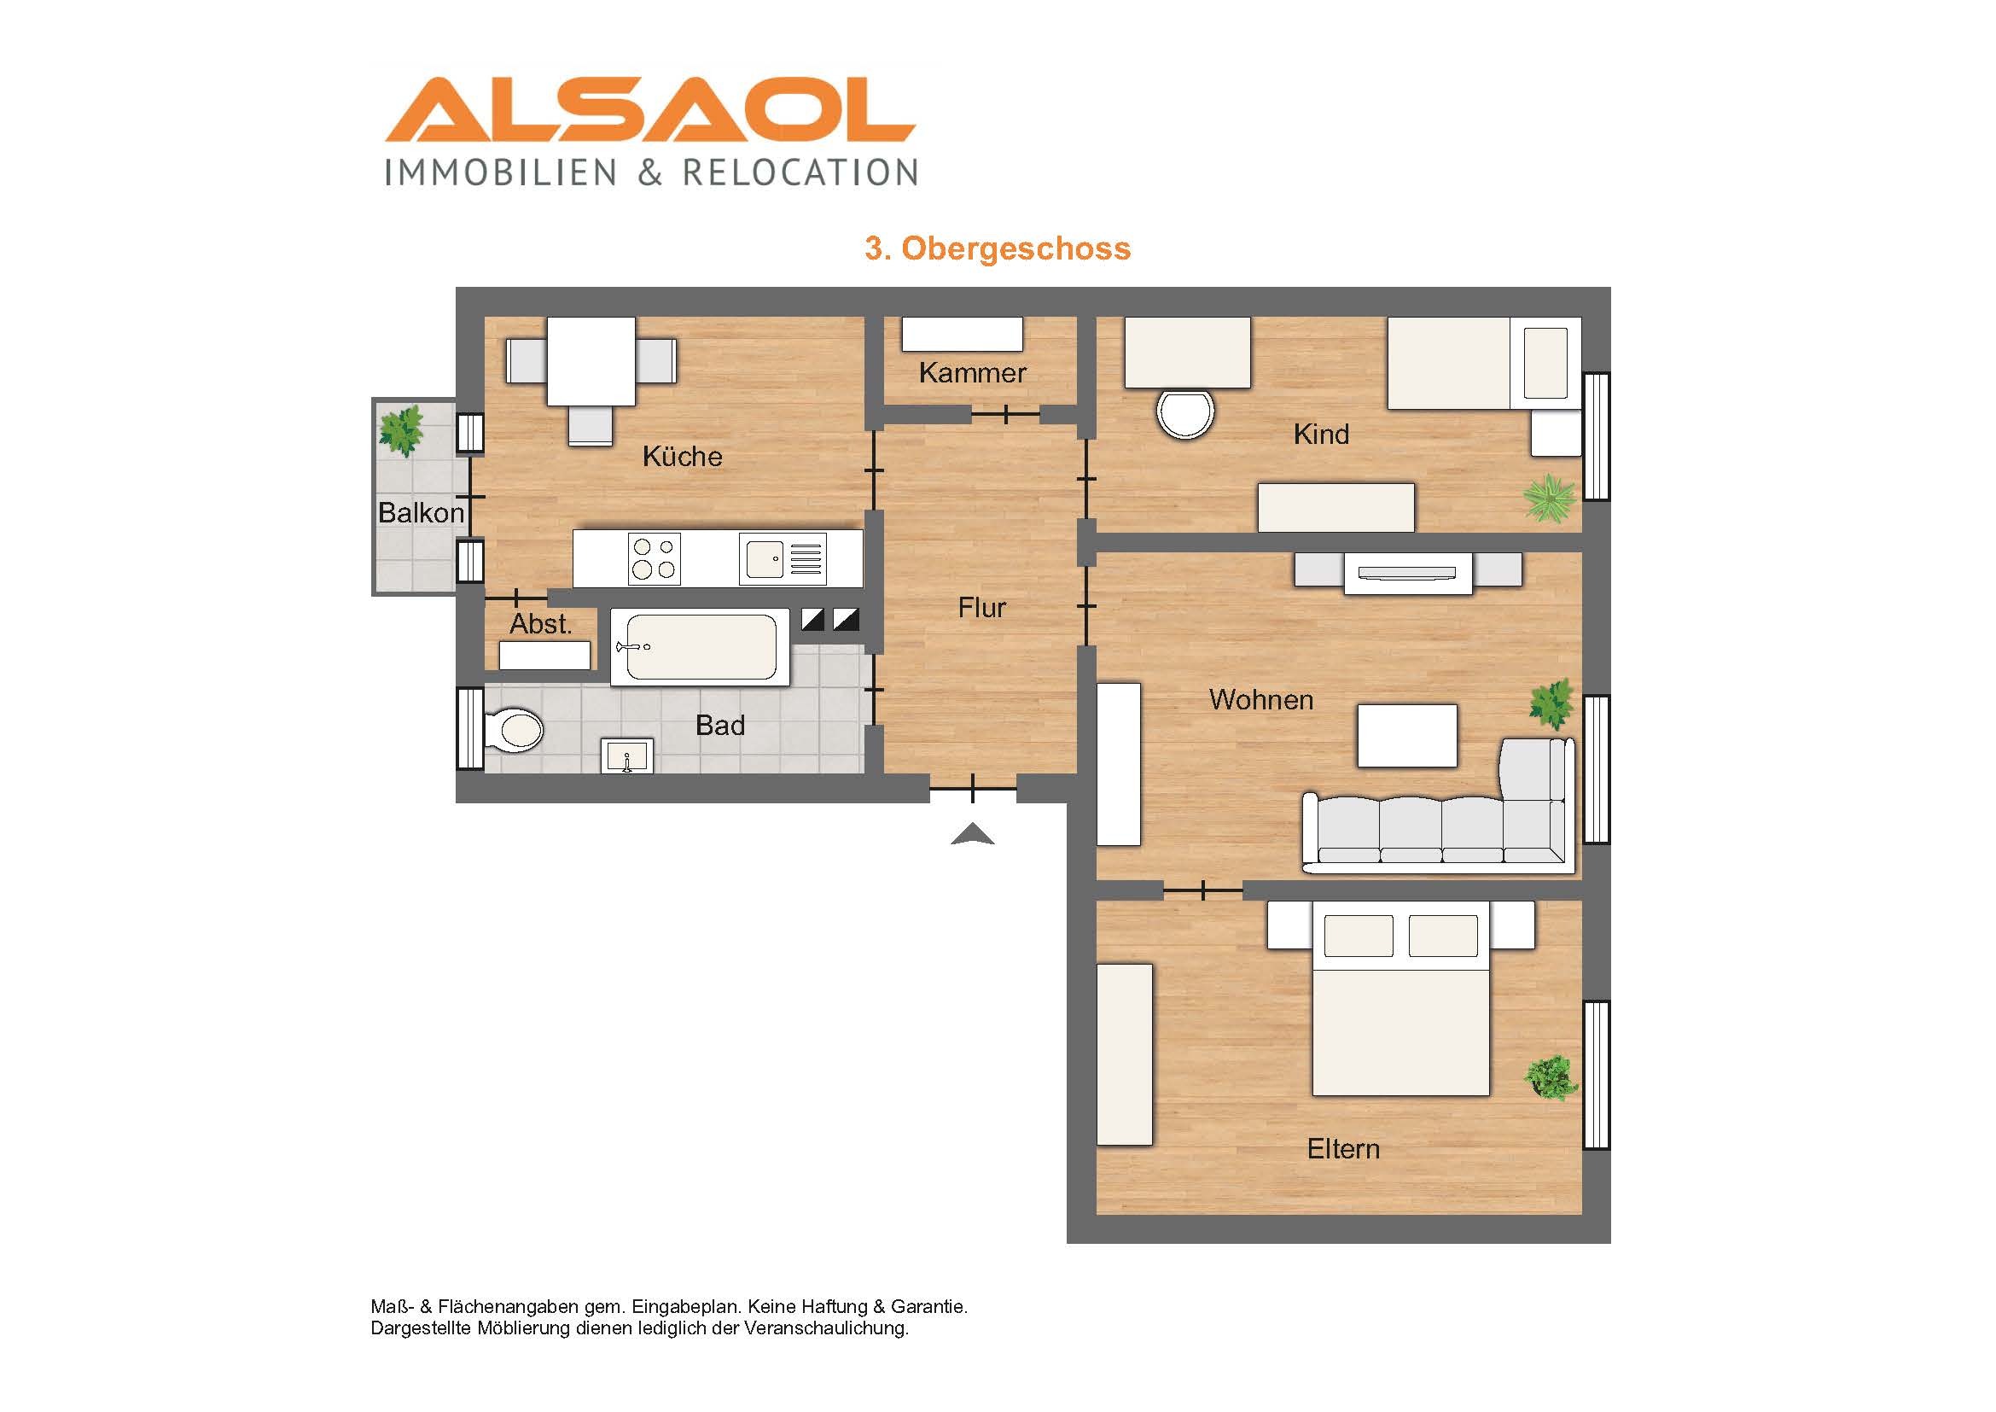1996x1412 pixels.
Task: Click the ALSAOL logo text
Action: point(650,110)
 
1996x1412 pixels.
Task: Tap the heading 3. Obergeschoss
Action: point(997,248)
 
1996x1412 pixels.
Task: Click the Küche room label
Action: point(683,456)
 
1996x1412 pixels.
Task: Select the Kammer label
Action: point(972,372)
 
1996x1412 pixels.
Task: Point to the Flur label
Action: point(981,607)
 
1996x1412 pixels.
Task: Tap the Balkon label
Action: point(421,512)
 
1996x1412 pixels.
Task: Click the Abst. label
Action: point(541,623)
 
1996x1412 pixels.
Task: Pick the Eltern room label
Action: point(1343,1148)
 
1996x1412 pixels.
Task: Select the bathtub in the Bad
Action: point(700,647)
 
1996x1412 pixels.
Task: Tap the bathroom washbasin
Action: point(627,756)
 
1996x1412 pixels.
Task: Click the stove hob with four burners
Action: point(654,559)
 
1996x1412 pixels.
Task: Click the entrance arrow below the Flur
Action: point(973,833)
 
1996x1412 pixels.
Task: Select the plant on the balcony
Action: point(401,430)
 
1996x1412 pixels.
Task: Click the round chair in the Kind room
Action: point(1186,414)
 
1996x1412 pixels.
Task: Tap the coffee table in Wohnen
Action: point(1407,736)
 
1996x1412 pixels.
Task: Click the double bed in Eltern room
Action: point(1400,998)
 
